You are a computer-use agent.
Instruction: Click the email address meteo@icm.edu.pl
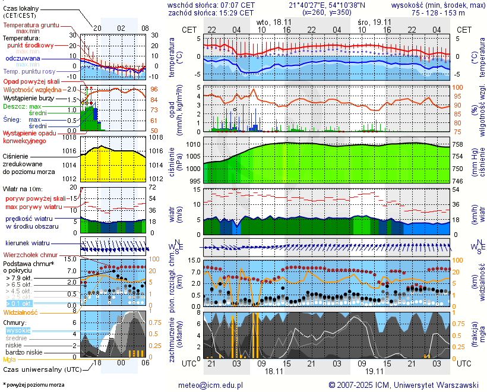(211, 385)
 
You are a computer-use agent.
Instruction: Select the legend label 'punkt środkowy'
(30, 45)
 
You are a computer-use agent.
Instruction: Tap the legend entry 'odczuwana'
(23, 59)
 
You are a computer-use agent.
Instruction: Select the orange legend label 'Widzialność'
(21, 312)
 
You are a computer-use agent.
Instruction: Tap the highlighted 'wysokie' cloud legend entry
(17, 330)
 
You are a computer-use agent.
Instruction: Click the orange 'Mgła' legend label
(10, 359)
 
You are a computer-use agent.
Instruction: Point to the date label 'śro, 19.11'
(375, 22)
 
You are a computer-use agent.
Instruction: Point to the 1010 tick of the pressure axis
(192, 144)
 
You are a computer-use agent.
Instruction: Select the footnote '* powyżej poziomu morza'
(33, 385)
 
